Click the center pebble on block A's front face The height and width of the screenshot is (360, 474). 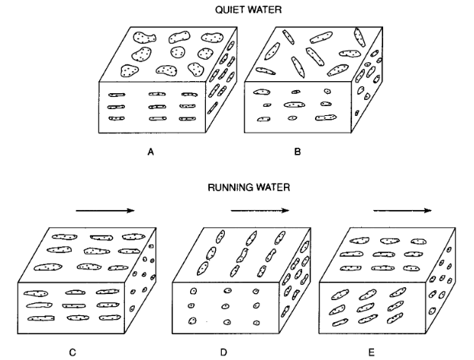(x=157, y=107)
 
